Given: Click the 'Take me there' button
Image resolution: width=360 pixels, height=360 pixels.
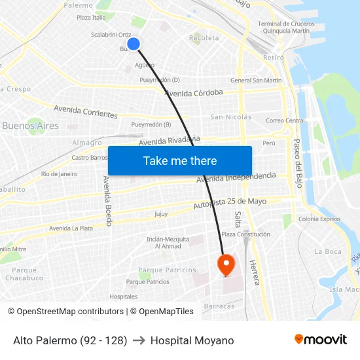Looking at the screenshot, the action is pos(180,160).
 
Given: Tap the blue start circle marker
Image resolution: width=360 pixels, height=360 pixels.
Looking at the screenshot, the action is pos(134,44).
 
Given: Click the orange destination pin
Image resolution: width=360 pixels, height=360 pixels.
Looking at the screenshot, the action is pos(226,264).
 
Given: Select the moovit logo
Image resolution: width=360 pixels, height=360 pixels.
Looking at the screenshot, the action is pos(321,339).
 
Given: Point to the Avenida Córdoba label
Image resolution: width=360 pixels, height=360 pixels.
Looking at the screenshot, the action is pos(194,92).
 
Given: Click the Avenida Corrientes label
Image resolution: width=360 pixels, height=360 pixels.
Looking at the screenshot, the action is pos(86,111).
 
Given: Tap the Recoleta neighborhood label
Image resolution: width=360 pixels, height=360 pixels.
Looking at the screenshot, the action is pos(204,38).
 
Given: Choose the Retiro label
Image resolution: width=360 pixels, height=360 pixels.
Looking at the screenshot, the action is pos(273,58).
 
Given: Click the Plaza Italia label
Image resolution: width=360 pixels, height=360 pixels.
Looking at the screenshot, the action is pos(91,18).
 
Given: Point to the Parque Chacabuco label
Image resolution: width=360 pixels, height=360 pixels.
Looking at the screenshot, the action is pos(24,274).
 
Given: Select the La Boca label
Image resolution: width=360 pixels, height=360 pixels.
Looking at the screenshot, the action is pos(328,251).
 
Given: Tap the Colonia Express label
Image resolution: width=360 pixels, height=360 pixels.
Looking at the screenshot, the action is pos(320,219).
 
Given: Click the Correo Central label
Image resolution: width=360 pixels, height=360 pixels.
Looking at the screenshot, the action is pos(285,120).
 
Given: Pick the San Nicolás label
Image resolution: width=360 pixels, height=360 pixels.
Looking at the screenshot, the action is pos(230,117).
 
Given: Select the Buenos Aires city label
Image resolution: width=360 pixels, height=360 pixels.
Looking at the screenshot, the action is pos(30,126).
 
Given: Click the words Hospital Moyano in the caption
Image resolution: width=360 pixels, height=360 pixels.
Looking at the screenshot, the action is pos(192,340).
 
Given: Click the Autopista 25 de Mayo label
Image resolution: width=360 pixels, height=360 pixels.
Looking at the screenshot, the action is pos(230,204).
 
